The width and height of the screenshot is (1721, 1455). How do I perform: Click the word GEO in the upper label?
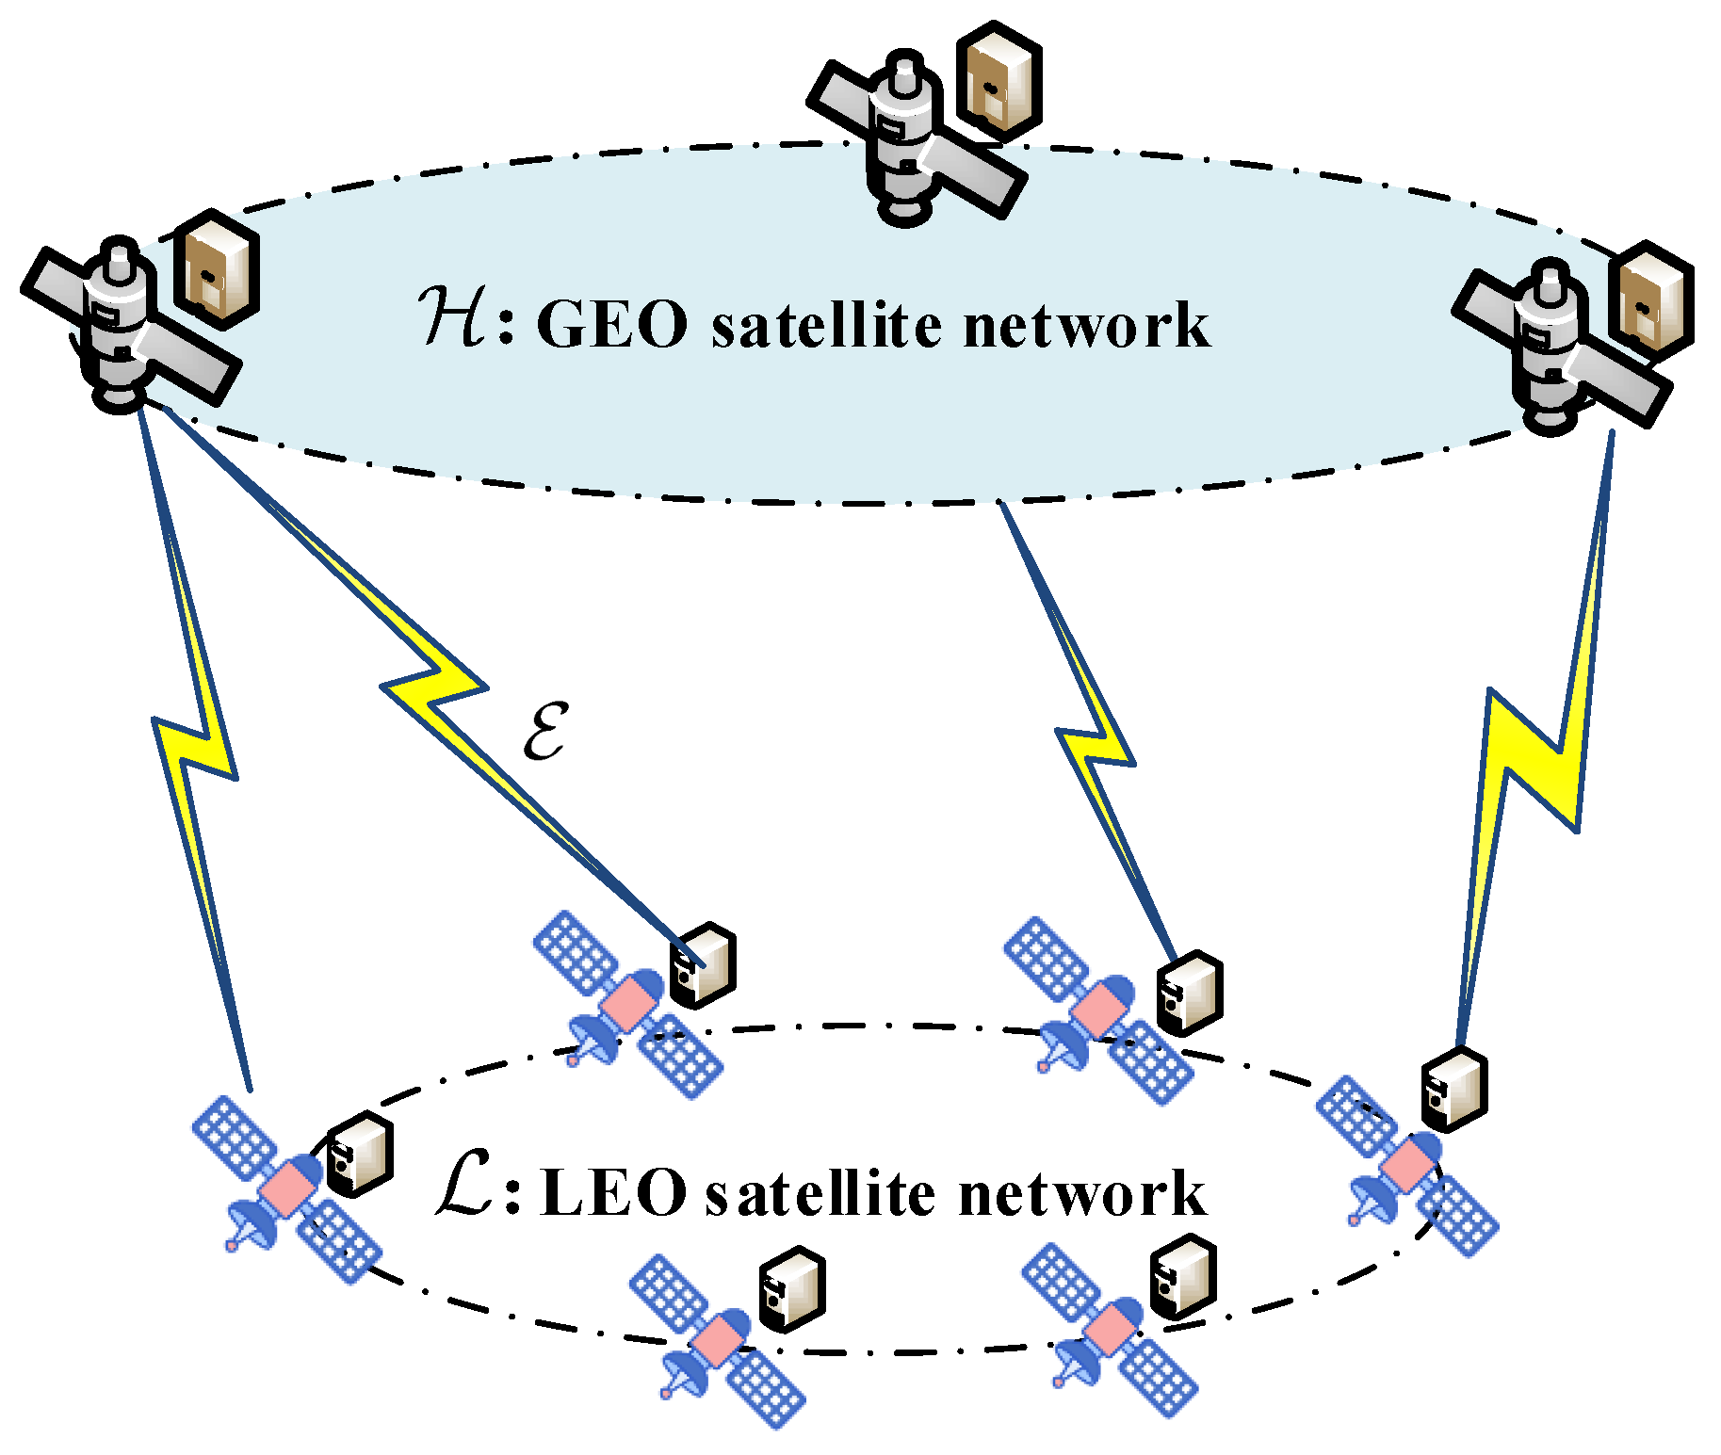click(611, 325)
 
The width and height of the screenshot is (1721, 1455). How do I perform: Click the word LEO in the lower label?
click(613, 1194)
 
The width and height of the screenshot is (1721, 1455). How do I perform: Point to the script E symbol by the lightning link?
click(544, 730)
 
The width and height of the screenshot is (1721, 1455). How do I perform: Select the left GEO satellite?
click(122, 325)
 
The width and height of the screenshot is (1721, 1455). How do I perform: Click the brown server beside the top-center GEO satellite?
click(999, 85)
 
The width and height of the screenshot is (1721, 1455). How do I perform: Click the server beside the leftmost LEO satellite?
click(359, 1154)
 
